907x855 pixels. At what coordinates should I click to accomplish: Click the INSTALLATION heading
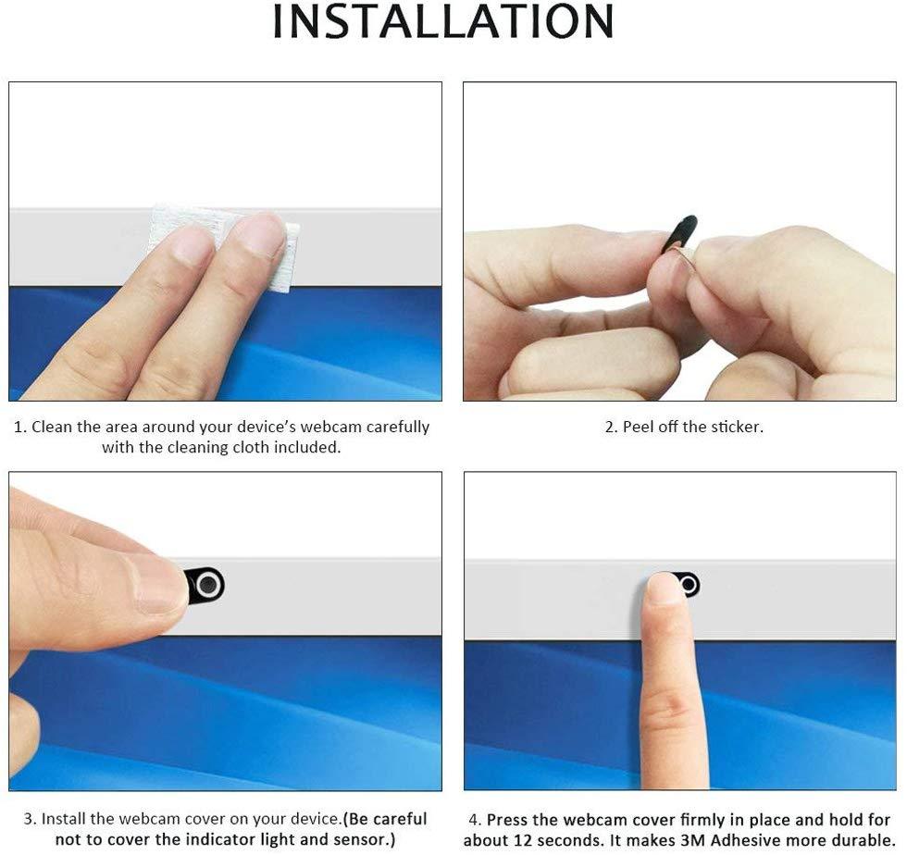(x=442, y=22)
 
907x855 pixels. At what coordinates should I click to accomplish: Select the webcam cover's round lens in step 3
(x=209, y=585)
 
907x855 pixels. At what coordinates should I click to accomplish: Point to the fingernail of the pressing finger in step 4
(x=665, y=589)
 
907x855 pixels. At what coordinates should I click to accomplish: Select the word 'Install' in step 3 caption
(x=64, y=819)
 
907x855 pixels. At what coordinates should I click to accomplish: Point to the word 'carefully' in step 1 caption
(x=397, y=427)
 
